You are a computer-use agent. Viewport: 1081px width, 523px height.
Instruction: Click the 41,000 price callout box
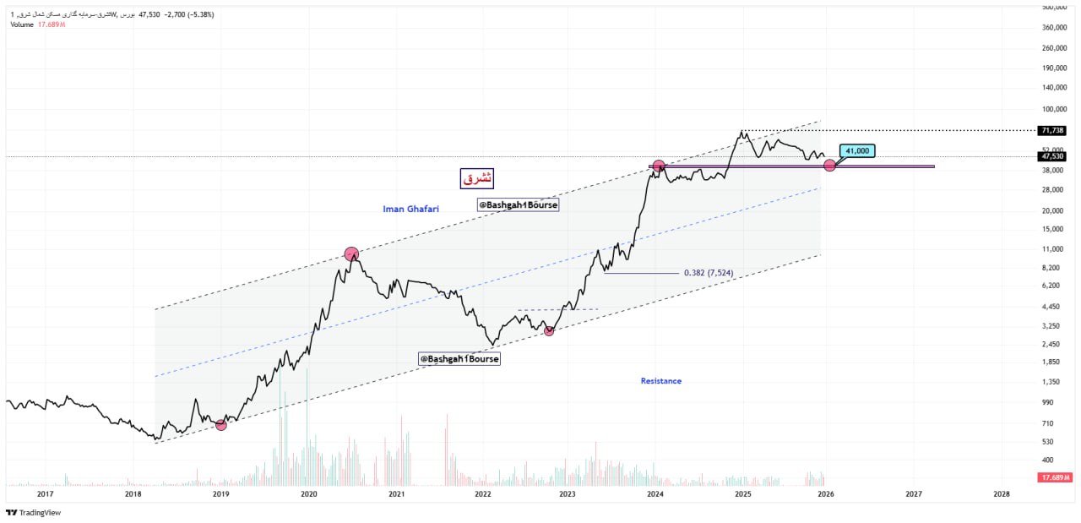[x=858, y=151]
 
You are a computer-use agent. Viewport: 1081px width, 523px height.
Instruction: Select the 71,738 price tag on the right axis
[x=1052, y=130]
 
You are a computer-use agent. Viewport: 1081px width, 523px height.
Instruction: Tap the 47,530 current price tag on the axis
[x=1052, y=156]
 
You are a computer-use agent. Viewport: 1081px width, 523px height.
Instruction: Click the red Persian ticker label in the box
[x=476, y=178]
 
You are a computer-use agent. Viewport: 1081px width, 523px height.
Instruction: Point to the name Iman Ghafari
[x=411, y=208]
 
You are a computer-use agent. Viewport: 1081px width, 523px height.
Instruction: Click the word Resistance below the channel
[x=660, y=381]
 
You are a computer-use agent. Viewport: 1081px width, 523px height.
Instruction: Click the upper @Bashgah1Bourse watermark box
[x=518, y=204]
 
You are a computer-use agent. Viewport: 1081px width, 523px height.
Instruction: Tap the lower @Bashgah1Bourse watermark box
[x=459, y=359]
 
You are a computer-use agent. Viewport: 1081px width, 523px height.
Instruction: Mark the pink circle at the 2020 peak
[x=351, y=253]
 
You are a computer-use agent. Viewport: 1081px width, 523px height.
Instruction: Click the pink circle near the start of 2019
[x=221, y=424]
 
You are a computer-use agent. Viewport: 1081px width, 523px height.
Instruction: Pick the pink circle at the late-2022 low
[x=549, y=330]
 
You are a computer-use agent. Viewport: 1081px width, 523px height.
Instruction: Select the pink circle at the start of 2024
[x=659, y=166]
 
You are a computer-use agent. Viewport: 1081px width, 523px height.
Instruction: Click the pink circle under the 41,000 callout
[x=829, y=166]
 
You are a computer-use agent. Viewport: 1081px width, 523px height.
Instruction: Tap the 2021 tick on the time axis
[x=396, y=493]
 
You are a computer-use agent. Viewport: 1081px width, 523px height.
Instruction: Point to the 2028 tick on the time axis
[x=1001, y=493]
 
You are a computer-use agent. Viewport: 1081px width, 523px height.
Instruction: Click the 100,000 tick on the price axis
[x=1055, y=109]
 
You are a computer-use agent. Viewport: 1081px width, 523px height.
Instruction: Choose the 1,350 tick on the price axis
[x=1052, y=381]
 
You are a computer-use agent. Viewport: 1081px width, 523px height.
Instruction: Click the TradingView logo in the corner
[x=34, y=513]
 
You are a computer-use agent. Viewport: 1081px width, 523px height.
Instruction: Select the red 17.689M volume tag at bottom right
[x=1055, y=478]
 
